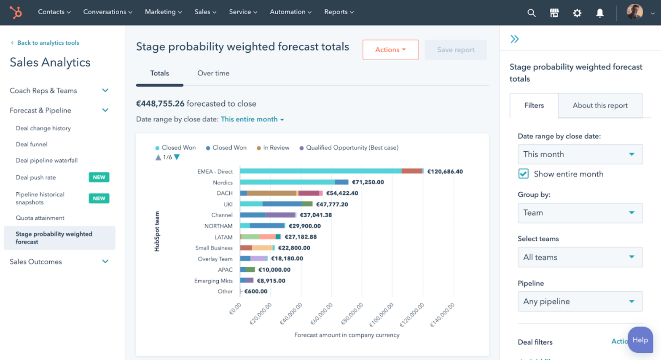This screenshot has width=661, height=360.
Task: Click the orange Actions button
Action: click(390, 50)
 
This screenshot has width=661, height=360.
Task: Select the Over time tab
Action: click(213, 73)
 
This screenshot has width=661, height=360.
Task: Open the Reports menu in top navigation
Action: click(339, 12)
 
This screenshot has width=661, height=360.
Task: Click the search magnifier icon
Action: click(531, 13)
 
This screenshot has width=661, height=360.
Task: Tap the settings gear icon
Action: click(577, 13)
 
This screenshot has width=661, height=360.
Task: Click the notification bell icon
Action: click(599, 13)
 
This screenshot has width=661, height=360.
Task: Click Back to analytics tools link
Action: click(48, 43)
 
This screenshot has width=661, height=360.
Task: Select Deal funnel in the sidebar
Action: click(32, 144)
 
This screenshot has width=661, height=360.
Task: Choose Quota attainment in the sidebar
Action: click(40, 218)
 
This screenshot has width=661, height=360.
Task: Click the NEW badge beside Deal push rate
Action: click(99, 177)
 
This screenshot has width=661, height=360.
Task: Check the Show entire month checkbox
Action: click(523, 174)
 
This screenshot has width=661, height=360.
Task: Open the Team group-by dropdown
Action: click(580, 213)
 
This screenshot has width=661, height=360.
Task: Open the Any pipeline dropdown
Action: click(580, 301)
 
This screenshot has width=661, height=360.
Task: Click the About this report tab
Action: click(600, 105)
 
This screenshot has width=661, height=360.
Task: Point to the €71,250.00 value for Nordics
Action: click(368, 182)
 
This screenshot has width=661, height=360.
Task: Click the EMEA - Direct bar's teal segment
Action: click(320, 171)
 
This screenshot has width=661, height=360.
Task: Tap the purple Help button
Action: click(640, 340)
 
